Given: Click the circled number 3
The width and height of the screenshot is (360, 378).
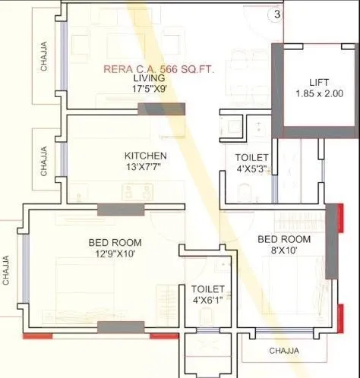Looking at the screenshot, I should point(277,14).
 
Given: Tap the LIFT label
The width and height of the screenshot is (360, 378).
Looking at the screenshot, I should point(319,82).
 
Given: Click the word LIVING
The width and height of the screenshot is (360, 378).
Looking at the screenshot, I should point(149,78).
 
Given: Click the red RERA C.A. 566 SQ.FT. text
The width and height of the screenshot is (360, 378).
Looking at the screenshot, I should point(159,68).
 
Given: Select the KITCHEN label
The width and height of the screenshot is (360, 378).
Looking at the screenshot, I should point(145,156).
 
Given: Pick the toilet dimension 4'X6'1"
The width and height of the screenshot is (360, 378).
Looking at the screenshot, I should point(207,301).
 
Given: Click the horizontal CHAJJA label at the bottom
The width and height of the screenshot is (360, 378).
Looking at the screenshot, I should point(283,351).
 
